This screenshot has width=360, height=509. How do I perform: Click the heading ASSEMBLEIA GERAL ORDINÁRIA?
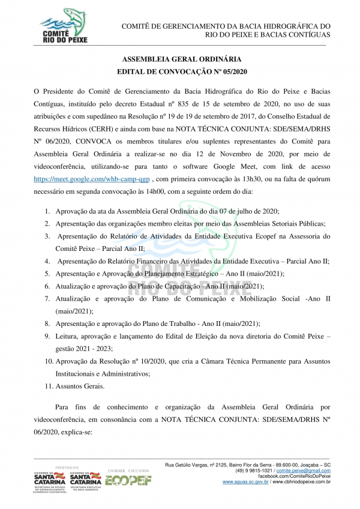click(182, 60)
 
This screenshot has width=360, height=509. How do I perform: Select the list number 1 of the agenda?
click(47, 211)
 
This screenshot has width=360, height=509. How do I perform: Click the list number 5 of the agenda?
click(47, 274)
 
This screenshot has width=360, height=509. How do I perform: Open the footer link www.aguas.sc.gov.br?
click(244, 481)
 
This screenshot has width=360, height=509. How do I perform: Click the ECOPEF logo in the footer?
click(128, 479)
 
